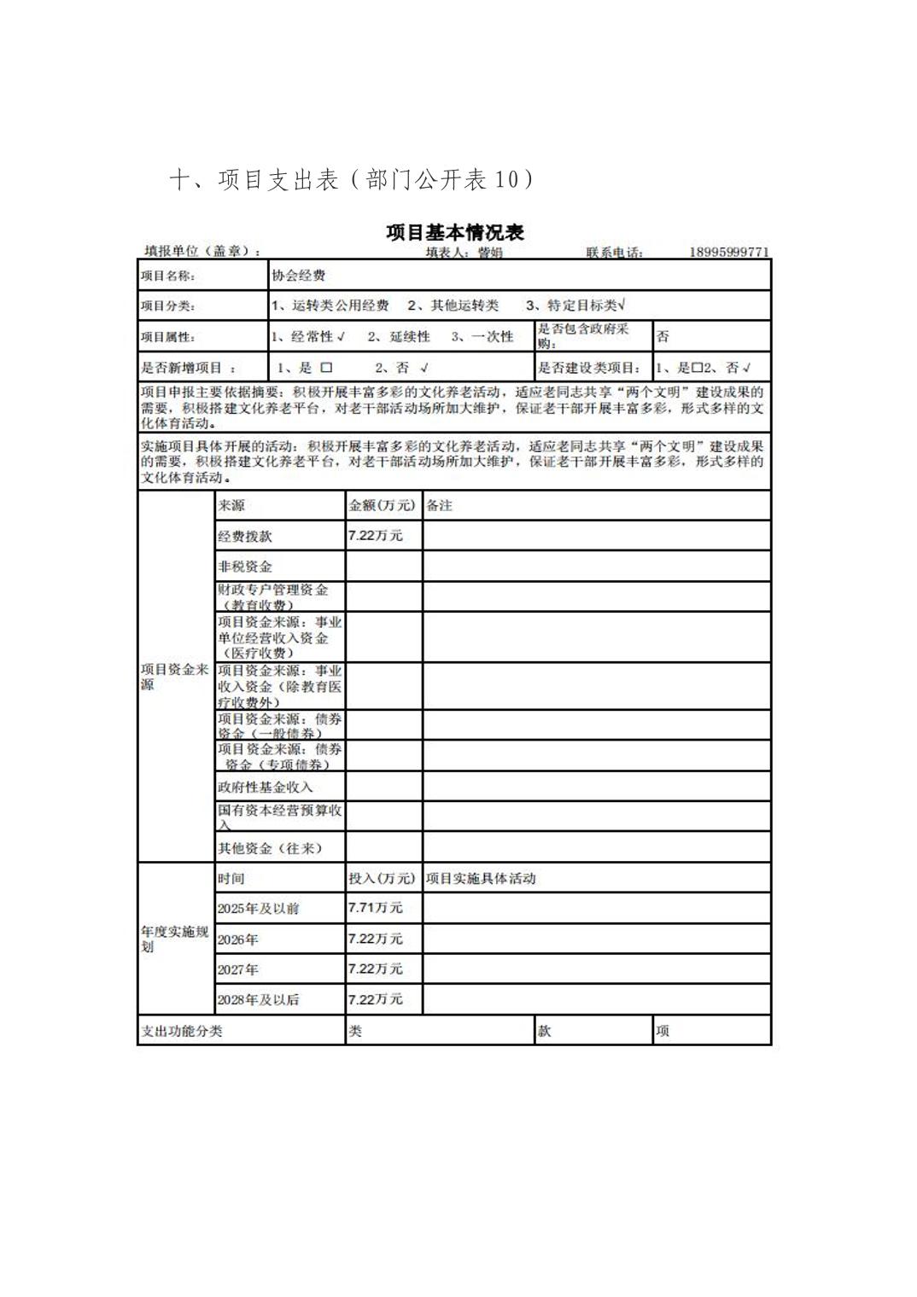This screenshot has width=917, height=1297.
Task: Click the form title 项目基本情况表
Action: (x=454, y=232)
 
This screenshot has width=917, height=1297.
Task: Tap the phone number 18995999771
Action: (x=729, y=252)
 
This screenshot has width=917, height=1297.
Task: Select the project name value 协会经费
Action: (x=298, y=276)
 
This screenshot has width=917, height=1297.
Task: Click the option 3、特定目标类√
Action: (x=576, y=305)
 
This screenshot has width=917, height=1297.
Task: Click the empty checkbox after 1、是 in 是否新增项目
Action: (x=326, y=368)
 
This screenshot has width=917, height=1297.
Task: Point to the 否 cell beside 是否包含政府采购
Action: (x=663, y=337)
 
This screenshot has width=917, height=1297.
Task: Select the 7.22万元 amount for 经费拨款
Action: (x=375, y=536)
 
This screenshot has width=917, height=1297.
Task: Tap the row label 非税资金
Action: (x=245, y=567)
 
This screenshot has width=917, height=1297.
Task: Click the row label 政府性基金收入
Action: (x=266, y=787)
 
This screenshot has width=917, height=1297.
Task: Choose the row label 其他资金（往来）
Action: (x=270, y=848)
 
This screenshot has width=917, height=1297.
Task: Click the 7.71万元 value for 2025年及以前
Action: (x=375, y=908)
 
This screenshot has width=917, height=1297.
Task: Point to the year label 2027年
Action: (x=237, y=969)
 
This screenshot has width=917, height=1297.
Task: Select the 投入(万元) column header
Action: (x=382, y=878)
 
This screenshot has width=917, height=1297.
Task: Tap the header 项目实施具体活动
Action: (x=481, y=878)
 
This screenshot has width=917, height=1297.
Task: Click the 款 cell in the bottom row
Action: (x=544, y=1031)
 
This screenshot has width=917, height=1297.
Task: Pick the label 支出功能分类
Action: (x=182, y=1031)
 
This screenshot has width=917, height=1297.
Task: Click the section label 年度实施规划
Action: (x=174, y=939)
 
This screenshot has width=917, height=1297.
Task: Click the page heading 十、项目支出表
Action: (x=254, y=179)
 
